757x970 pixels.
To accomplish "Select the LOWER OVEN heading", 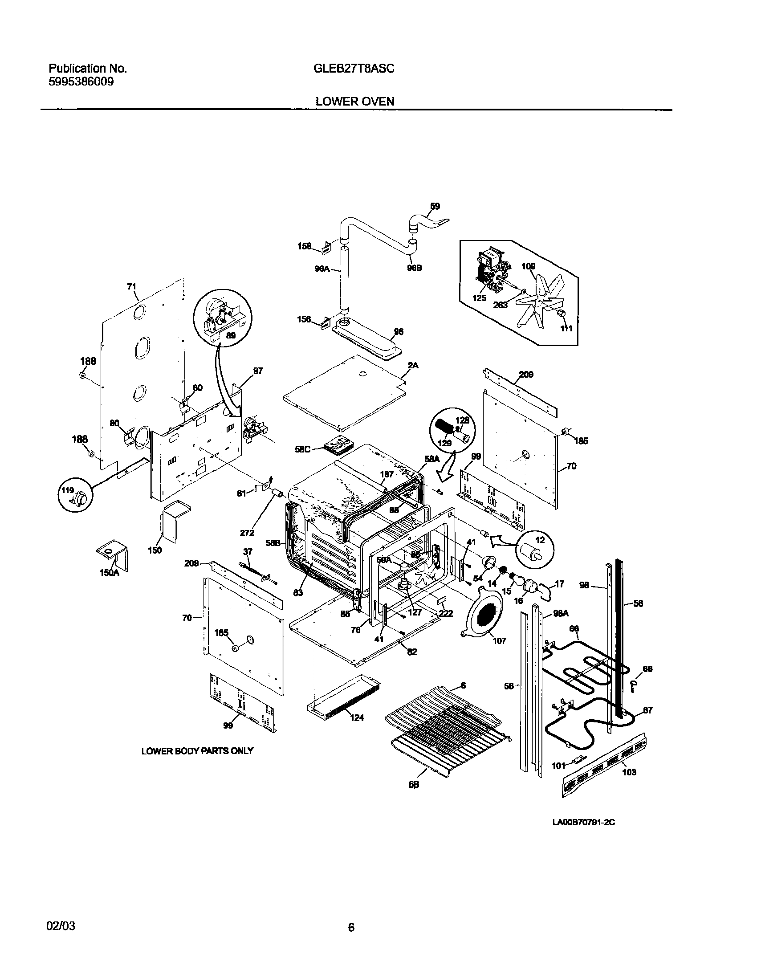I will pos(355,102).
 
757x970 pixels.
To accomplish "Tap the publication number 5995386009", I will pos(81,82).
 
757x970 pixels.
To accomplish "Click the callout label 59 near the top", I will pos(435,206).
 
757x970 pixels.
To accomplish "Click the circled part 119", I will pos(75,496).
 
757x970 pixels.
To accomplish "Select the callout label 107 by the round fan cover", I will pos(499,641).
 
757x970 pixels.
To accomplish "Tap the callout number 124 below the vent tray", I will pos(357,717).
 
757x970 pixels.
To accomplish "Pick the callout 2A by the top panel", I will pos(413,366).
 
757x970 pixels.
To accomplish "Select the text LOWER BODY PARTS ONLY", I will pos(197,751).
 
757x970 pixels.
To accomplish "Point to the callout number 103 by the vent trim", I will pos(629,772).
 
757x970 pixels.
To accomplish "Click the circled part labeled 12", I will pos(535,546).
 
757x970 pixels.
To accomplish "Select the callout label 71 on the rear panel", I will pos(131,287).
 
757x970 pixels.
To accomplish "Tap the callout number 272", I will pos(247,533).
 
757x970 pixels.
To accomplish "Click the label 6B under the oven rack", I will pos(414,785).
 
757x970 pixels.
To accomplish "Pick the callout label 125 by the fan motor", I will pos(479,298).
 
